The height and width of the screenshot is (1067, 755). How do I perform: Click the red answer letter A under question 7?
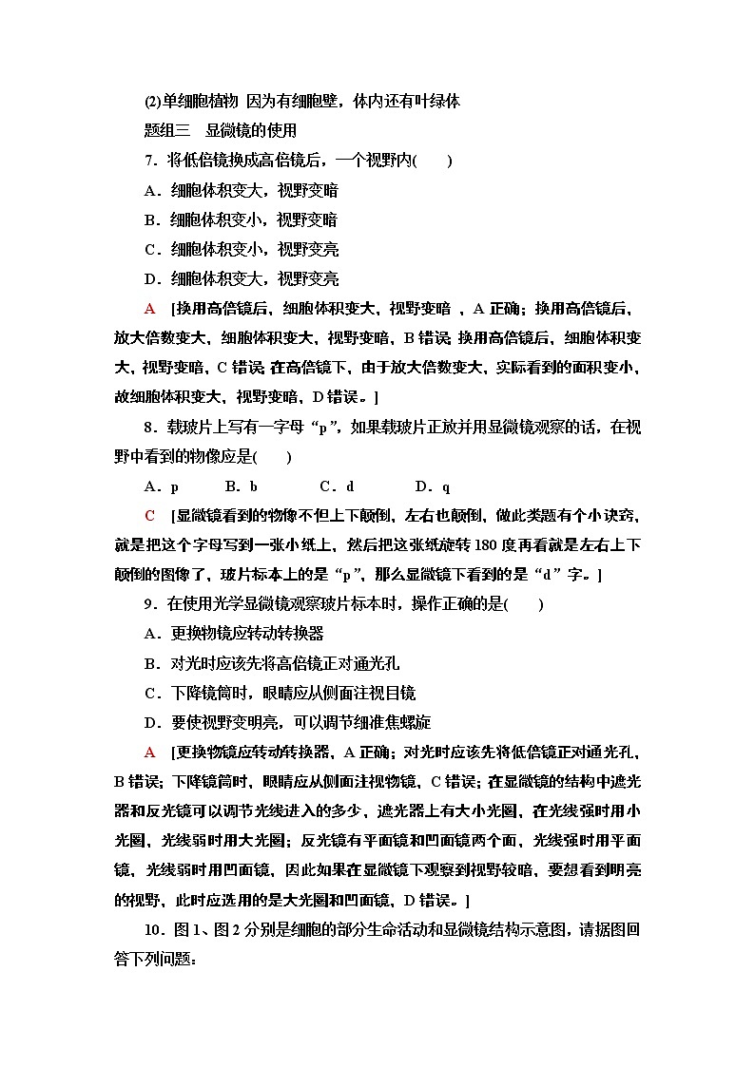point(149,309)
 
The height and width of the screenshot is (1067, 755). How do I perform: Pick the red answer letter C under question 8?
point(149,516)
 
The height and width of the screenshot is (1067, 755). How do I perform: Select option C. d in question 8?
point(337,486)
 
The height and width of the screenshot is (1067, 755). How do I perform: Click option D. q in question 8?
point(433,486)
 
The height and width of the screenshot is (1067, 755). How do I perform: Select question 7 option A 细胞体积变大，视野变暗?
point(241,190)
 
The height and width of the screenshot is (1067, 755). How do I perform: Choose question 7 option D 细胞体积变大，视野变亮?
point(241,279)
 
